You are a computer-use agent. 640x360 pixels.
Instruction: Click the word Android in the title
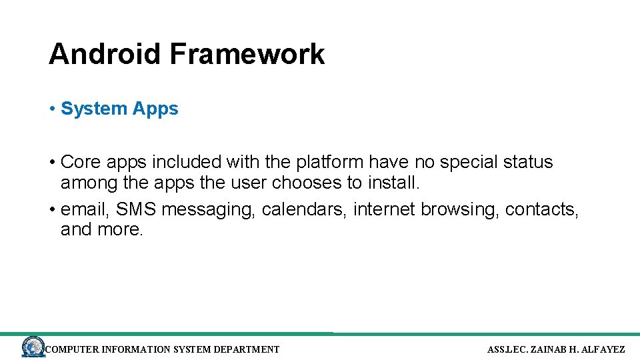[105, 54]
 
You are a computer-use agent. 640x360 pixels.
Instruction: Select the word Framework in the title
[247, 54]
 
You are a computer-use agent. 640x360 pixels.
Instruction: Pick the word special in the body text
[475, 162]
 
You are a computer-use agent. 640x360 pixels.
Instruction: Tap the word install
[394, 183]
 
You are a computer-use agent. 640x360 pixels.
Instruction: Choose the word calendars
[304, 209]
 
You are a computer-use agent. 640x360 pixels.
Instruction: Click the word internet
[385, 209]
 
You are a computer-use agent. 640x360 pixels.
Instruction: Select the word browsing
[461, 209]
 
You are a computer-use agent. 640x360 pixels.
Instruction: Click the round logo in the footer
[33, 347]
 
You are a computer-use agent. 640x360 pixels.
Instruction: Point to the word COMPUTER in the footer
[72, 349]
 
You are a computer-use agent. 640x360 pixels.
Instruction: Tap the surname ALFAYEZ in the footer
[603, 349]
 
